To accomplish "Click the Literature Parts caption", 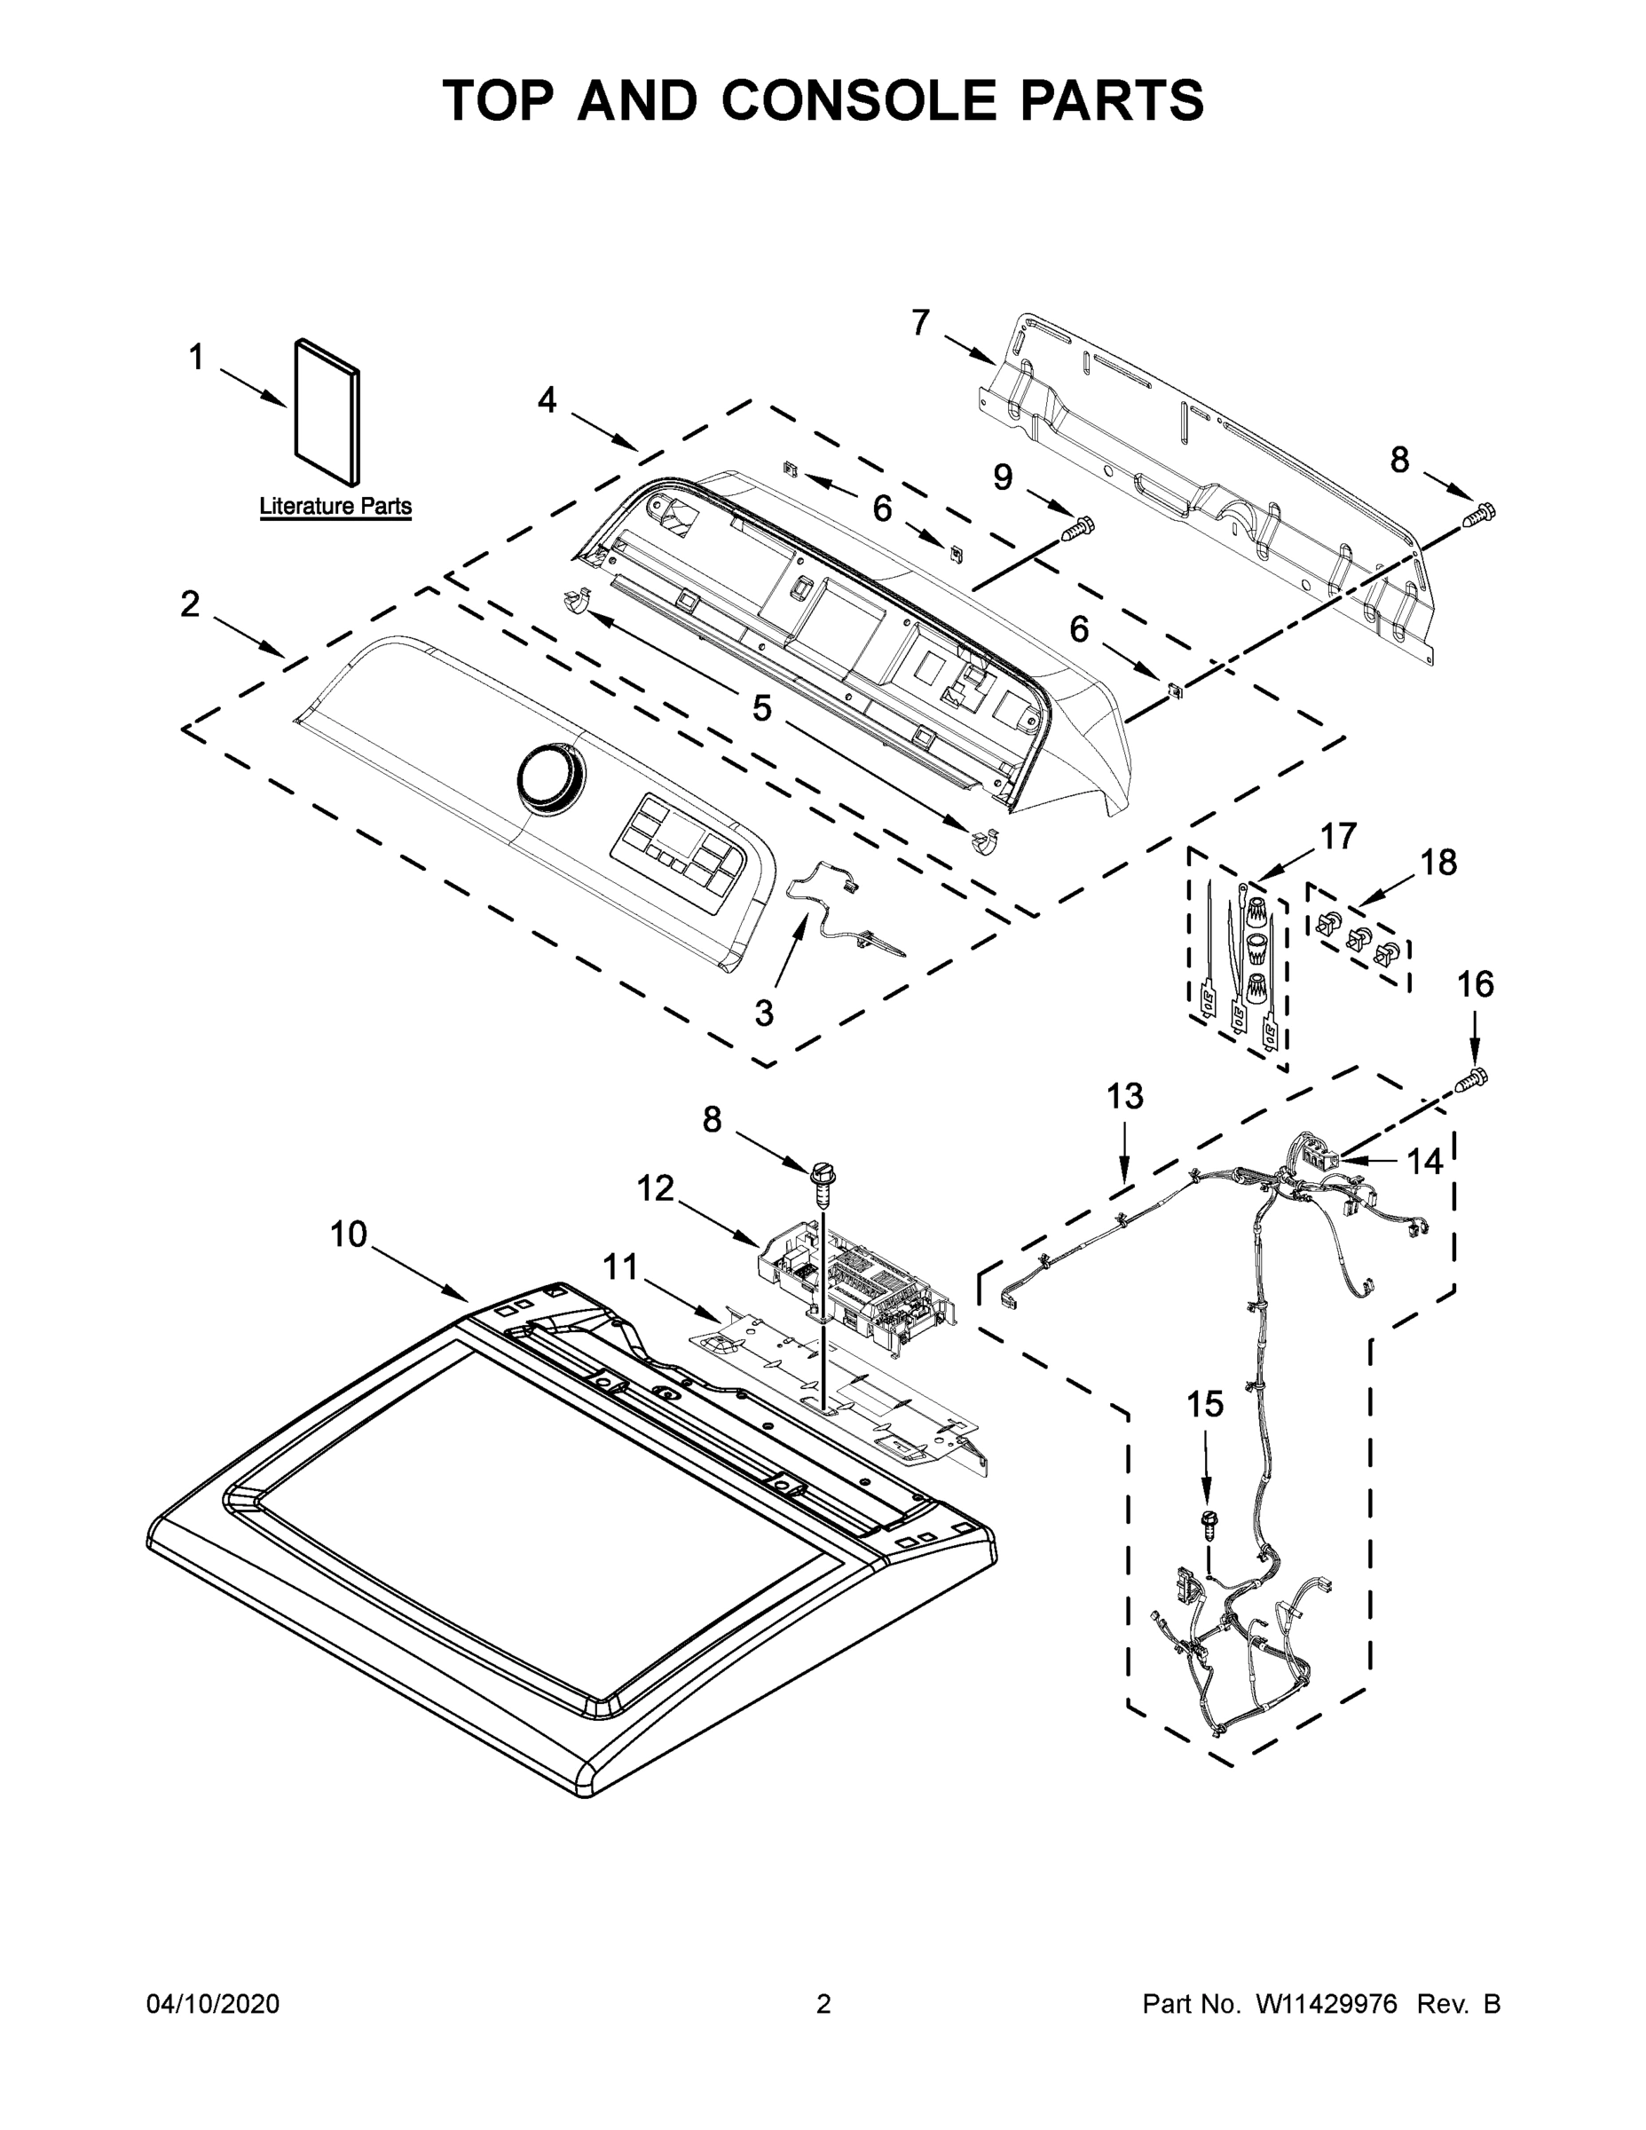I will point(335,506).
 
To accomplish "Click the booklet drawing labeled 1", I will point(327,411).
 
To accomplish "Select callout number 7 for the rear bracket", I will point(920,322).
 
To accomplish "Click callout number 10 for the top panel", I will point(348,1235).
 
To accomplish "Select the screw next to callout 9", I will point(1076,528).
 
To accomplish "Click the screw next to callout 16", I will point(1473,1078).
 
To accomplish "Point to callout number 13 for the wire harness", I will point(1124,1096).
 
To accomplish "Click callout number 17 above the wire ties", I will point(1338,836).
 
